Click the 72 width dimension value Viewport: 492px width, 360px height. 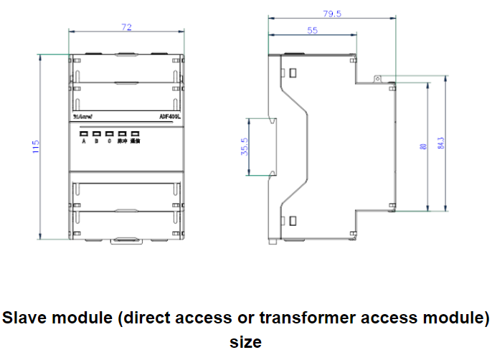click(126, 27)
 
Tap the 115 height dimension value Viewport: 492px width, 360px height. click(35, 148)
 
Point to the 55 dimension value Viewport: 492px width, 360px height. click(313, 30)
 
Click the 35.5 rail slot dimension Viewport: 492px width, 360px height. click(245, 147)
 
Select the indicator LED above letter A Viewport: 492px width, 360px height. click(84, 133)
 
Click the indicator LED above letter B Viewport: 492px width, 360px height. click(97, 133)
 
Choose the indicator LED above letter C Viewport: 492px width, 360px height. click(110, 133)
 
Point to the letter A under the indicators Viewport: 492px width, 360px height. click(84, 142)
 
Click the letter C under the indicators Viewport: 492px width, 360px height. click(110, 142)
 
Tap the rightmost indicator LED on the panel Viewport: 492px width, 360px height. click(135, 133)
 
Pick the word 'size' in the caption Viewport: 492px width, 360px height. click(245, 341)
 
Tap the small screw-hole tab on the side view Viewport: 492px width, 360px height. click(375, 77)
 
